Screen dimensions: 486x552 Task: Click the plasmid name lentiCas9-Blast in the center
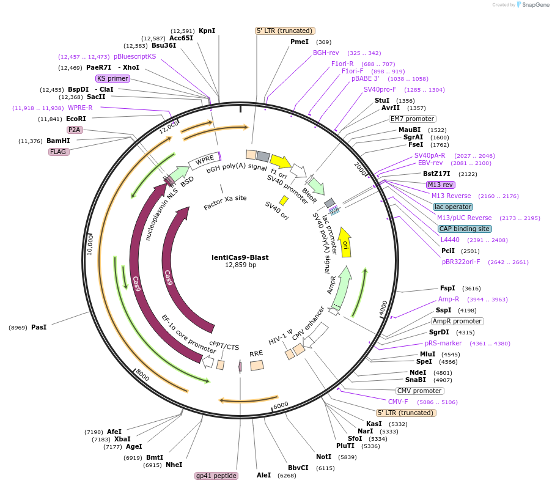click(240, 257)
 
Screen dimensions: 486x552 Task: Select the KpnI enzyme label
click(207, 31)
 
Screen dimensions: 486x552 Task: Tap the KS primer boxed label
click(112, 78)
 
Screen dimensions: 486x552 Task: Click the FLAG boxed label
click(58, 152)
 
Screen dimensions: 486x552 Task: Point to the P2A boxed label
click(75, 130)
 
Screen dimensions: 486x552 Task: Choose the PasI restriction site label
click(39, 327)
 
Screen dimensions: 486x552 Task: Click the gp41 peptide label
click(216, 476)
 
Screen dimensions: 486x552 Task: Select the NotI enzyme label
click(323, 457)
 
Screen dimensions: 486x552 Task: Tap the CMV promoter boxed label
click(419, 391)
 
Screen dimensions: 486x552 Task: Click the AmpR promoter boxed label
click(457, 321)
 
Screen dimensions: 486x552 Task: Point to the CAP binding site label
click(464, 229)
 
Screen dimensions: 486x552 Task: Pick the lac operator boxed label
click(453, 207)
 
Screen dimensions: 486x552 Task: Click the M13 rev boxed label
click(440, 185)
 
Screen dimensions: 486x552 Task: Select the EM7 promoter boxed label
click(412, 119)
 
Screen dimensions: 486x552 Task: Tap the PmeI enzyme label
click(300, 42)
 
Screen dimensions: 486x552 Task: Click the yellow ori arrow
click(345, 243)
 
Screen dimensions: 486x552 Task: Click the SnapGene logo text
click(535, 4)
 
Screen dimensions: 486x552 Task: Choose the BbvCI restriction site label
click(298, 468)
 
